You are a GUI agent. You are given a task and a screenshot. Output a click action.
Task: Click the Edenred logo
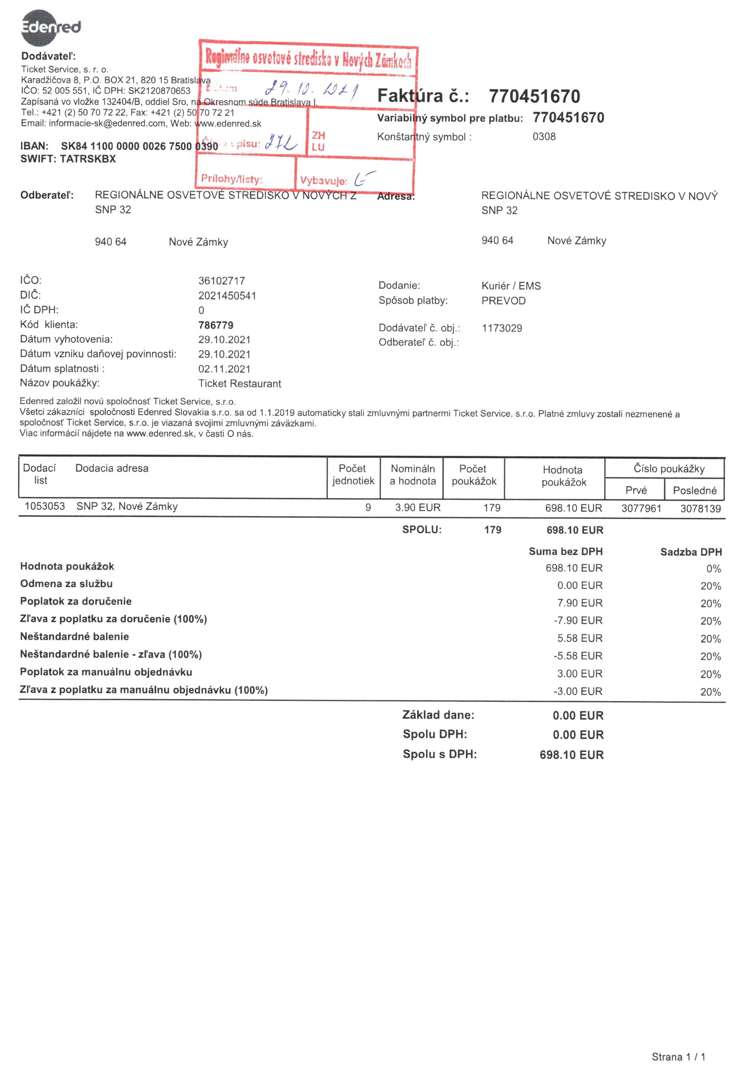point(51,27)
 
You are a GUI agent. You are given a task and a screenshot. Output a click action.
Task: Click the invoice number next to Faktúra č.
point(534,96)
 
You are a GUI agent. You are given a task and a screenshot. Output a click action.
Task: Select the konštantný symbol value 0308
point(544,137)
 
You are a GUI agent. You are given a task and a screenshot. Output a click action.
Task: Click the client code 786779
point(216,325)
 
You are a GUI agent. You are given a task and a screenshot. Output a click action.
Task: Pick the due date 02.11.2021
point(224,369)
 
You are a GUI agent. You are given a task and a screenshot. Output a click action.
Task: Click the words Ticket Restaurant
point(240,384)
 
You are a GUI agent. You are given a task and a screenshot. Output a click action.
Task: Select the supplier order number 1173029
point(502,328)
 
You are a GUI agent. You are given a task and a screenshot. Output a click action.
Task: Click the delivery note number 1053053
point(45,507)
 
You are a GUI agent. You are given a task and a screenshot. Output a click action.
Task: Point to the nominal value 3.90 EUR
point(418,507)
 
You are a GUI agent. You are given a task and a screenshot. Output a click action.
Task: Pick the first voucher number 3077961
point(641,508)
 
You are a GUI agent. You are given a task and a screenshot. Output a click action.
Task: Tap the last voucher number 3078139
point(700,508)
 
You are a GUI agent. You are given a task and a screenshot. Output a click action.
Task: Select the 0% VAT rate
point(713,569)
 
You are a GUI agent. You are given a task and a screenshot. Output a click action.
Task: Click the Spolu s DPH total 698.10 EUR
point(571,755)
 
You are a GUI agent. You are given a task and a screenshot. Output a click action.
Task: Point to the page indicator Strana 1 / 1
point(678,1057)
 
